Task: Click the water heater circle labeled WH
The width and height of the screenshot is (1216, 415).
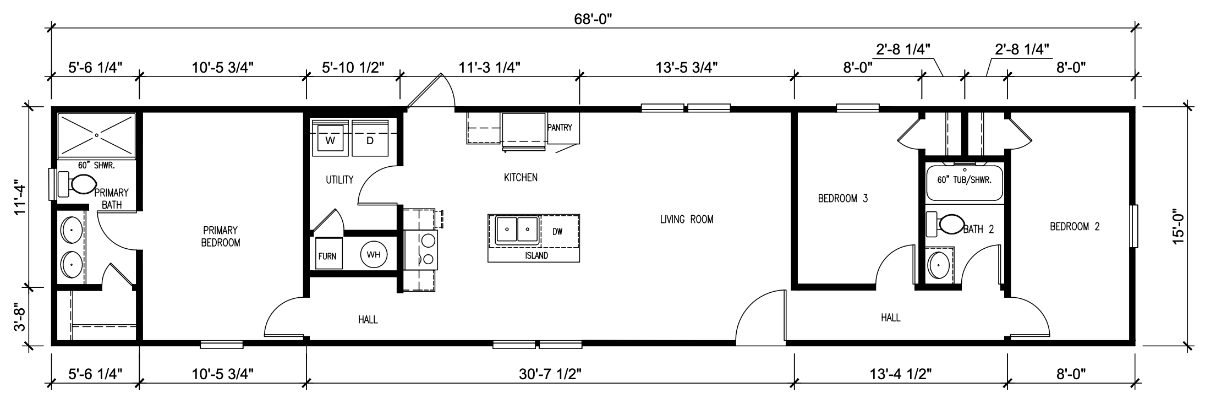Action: pos(374,254)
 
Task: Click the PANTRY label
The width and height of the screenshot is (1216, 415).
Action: pos(560,128)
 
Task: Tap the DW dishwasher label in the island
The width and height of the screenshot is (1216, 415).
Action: pos(557,232)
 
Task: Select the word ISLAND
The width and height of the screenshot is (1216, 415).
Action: pos(536,256)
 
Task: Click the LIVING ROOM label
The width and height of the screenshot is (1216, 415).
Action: pos(687,220)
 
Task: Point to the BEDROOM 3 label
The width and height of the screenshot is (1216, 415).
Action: pos(842,199)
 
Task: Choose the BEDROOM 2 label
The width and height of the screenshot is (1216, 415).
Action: pos(1075,226)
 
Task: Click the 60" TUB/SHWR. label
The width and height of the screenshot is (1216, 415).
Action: pos(964,180)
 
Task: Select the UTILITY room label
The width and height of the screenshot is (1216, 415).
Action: pos(339,180)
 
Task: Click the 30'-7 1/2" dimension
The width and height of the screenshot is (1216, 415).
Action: pos(550,374)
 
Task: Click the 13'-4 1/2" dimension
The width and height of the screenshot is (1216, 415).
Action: pos(900,374)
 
